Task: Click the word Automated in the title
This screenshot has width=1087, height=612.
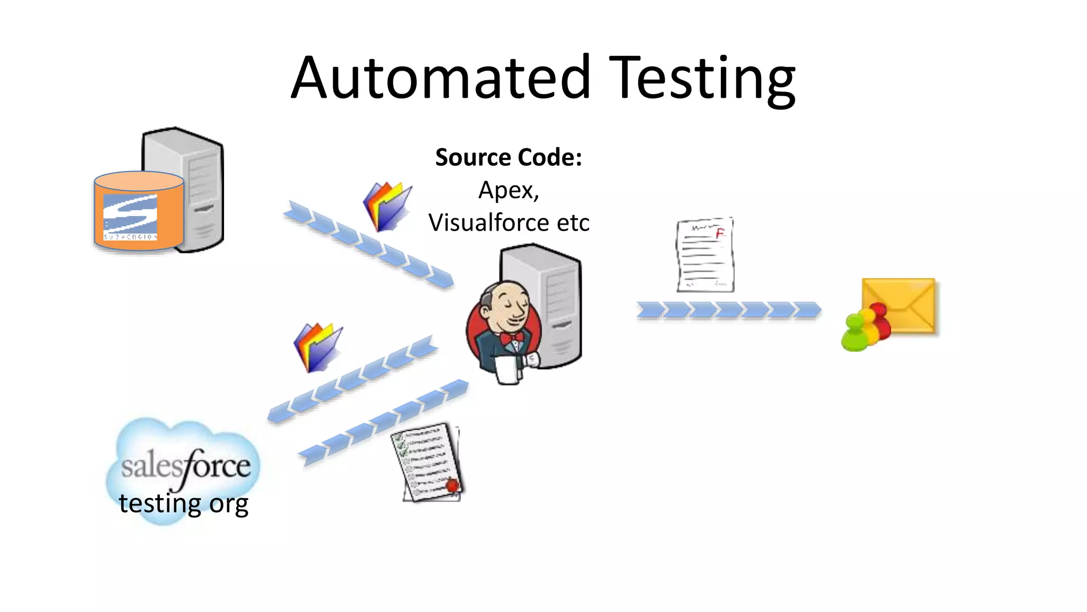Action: [x=441, y=79]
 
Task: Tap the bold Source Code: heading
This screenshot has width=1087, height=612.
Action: [x=508, y=157]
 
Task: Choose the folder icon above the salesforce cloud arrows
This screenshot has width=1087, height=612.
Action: [x=317, y=347]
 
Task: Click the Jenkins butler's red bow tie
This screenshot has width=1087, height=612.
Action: [x=511, y=338]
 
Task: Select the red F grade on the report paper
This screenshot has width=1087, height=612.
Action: [x=720, y=233]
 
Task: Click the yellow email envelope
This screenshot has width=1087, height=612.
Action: [x=902, y=305]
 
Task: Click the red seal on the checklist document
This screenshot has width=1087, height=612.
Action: [x=452, y=485]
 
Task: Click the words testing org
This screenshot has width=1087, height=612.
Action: [x=183, y=503]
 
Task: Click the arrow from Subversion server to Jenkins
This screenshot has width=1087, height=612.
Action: [x=369, y=245]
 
